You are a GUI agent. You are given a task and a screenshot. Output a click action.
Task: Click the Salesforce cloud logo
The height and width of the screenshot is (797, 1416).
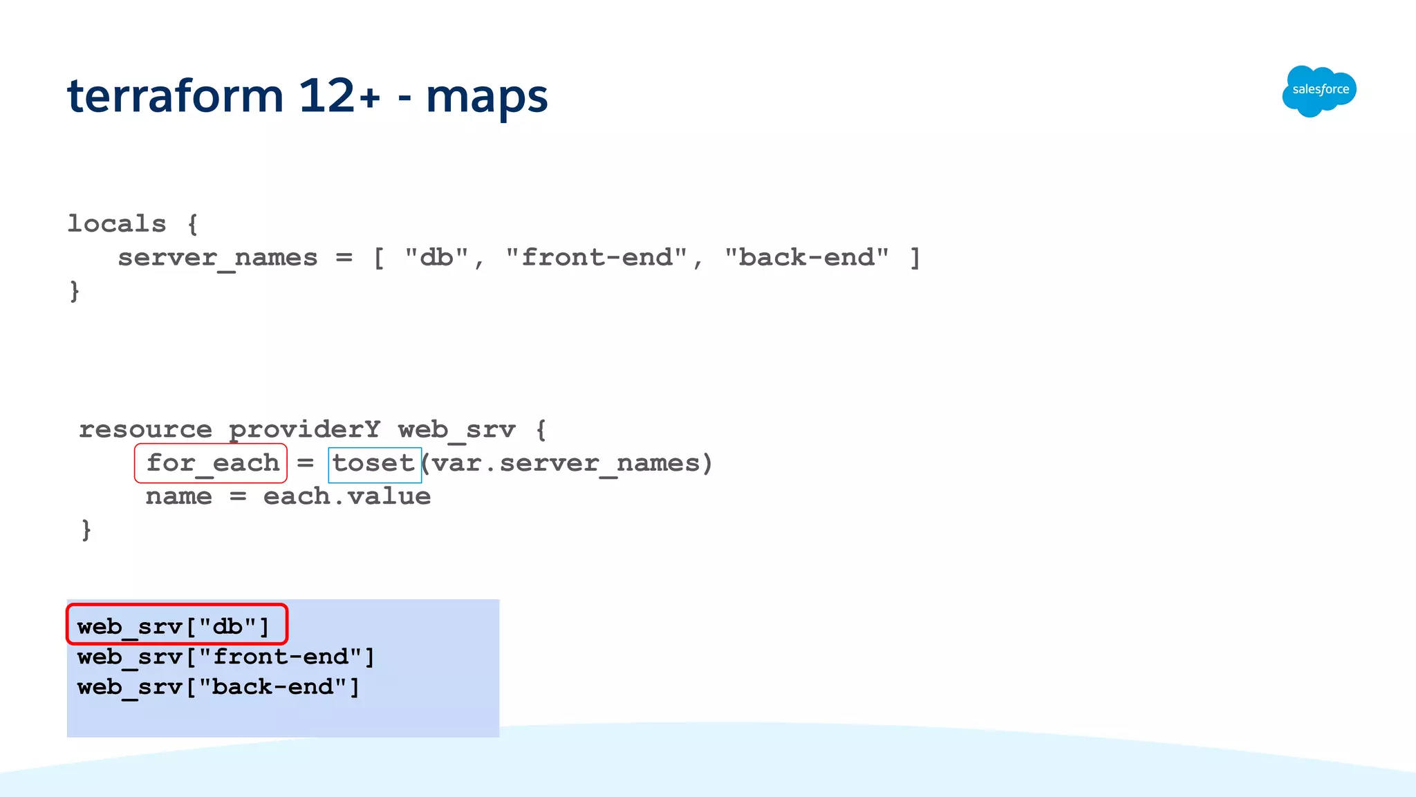pyautogui.click(x=1319, y=91)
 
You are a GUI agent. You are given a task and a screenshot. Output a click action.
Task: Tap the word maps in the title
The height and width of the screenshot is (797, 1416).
pyautogui.click(x=487, y=97)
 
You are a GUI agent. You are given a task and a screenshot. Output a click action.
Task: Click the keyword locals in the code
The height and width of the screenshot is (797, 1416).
pyautogui.click(x=117, y=224)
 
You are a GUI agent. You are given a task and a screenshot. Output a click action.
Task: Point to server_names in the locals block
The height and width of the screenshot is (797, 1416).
pyautogui.click(x=218, y=258)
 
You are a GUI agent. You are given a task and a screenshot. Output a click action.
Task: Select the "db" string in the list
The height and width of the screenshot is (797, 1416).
pyautogui.click(x=436, y=257)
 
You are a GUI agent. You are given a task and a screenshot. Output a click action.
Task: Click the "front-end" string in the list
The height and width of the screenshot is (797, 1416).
pyautogui.click(x=596, y=257)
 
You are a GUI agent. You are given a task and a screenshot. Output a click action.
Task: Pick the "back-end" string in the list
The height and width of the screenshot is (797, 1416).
pyautogui.click(x=806, y=257)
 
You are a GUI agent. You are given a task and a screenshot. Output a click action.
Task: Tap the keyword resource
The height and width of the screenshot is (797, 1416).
pyautogui.click(x=145, y=429)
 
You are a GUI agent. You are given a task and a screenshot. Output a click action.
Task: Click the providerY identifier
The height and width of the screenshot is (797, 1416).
pyautogui.click(x=304, y=429)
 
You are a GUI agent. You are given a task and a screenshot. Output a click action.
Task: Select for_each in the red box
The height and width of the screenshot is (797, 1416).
pyautogui.click(x=212, y=462)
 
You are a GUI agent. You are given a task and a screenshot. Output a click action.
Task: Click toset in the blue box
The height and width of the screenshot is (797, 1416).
pyautogui.click(x=373, y=462)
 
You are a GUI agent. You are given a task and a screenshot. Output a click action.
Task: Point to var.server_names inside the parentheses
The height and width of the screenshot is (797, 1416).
pyautogui.click(x=566, y=462)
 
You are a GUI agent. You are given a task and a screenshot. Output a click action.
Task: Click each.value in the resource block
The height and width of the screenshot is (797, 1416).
pyautogui.click(x=346, y=496)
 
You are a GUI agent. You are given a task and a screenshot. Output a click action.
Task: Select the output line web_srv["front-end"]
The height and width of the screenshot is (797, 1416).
pyautogui.click(x=225, y=657)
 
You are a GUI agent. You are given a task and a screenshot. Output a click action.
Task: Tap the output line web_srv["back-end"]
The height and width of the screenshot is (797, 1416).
pyautogui.click(x=218, y=687)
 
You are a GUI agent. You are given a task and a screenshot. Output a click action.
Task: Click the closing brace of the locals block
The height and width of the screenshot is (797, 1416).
pyautogui.click(x=75, y=291)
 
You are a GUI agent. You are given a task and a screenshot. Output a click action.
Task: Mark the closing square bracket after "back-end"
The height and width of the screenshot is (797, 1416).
pyautogui.click(x=915, y=257)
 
